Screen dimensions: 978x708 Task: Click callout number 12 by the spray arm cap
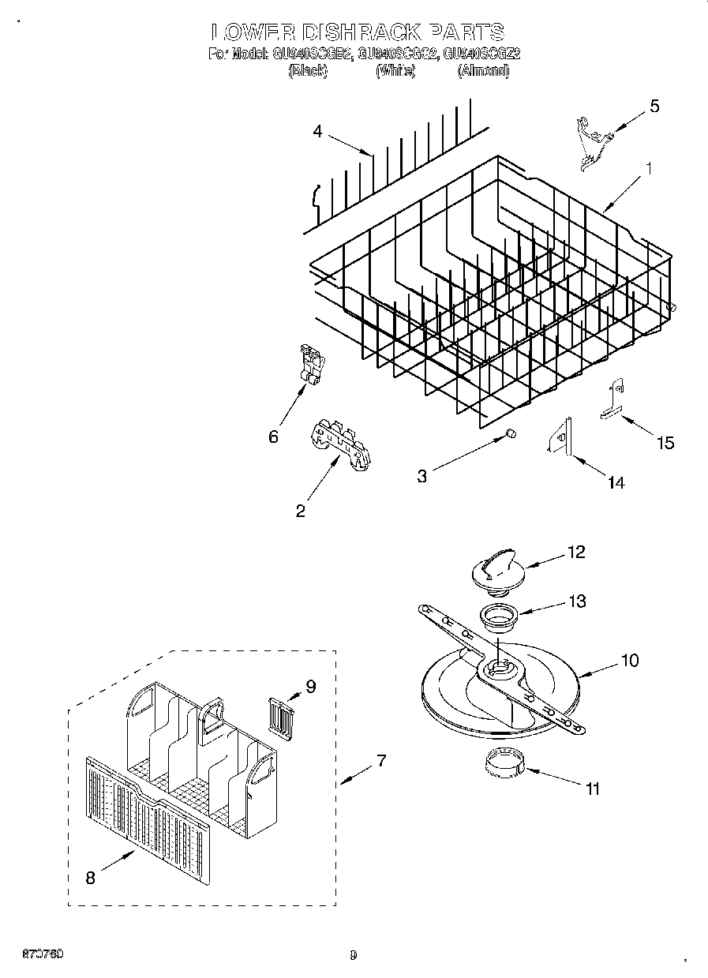coord(576,552)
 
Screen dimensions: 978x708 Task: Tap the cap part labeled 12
coord(493,570)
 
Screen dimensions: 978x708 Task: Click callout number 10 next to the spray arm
coord(630,660)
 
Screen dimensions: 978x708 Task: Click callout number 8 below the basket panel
coord(90,877)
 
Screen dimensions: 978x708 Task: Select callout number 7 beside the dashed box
coord(380,761)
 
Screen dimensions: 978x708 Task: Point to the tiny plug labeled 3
coord(510,433)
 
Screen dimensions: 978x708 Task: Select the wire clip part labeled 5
coord(588,144)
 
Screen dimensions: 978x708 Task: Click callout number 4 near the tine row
coord(317,132)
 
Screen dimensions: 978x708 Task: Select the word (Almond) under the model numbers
coord(483,71)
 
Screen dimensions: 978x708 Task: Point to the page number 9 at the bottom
coord(353,955)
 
